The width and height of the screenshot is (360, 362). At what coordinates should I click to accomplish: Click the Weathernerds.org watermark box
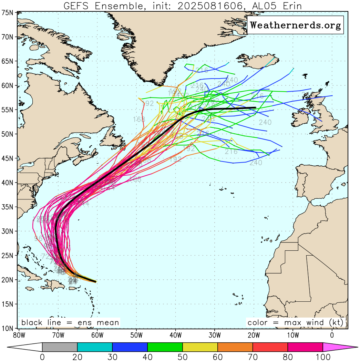[x=295, y=25]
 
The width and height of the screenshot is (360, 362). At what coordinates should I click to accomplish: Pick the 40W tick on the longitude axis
[x=175, y=334]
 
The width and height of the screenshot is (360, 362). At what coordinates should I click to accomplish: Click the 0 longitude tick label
[x=332, y=334]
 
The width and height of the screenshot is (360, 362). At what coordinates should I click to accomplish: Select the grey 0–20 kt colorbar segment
[x=60, y=347]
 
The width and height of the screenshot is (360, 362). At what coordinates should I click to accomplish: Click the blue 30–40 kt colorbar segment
[x=130, y=347]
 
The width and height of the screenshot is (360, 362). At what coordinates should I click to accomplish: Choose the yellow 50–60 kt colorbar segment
[x=200, y=347]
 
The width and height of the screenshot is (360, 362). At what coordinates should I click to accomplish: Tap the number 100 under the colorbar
[x=323, y=357]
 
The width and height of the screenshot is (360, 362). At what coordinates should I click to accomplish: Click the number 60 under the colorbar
[x=217, y=357]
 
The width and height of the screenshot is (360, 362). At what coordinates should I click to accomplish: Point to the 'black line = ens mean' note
[x=70, y=323]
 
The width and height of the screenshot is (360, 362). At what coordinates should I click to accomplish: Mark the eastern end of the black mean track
[x=255, y=108]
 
